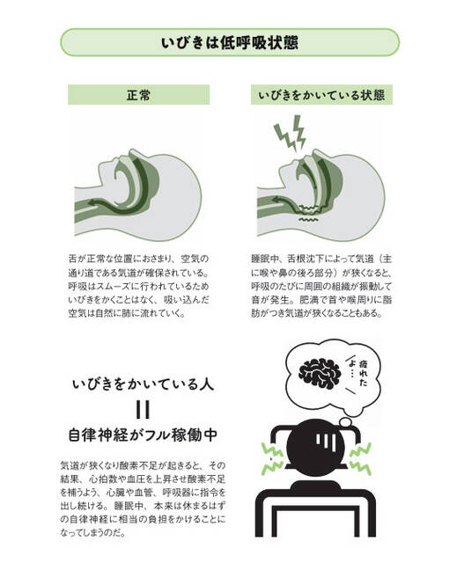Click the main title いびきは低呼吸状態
tap(229, 43)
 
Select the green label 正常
tap(139, 95)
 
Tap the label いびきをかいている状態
tap(321, 95)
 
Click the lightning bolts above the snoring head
tap(290, 132)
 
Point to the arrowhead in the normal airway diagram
tap(92, 202)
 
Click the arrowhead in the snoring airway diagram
tap(276, 200)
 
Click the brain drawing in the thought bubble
tap(320, 373)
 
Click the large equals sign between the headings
tap(143, 410)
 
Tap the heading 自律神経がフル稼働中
tap(143, 435)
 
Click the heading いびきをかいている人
tap(143, 384)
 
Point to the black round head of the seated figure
tap(317, 443)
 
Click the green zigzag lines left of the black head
tap(272, 458)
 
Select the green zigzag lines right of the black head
tap(360, 458)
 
